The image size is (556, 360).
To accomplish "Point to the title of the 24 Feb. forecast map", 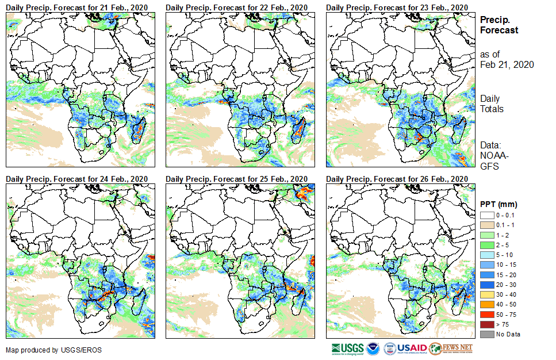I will point(77,178).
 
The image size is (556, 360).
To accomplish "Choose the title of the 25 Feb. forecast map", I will point(237,178).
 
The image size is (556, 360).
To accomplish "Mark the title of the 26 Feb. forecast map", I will point(397,178).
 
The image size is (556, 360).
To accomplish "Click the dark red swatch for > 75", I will point(486,325).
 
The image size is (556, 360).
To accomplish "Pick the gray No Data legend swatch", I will point(486,334).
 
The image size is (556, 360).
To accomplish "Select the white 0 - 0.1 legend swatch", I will point(486,215).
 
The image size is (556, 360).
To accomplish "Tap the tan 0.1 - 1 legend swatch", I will point(486,224).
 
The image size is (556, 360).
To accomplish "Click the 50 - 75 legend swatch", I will point(486,316).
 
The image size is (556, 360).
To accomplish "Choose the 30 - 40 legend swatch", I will point(486,297).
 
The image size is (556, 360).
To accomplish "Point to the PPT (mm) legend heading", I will point(499,204).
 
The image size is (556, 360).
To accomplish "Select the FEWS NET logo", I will point(451,348).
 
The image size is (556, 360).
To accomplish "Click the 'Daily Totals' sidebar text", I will point(492,104).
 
